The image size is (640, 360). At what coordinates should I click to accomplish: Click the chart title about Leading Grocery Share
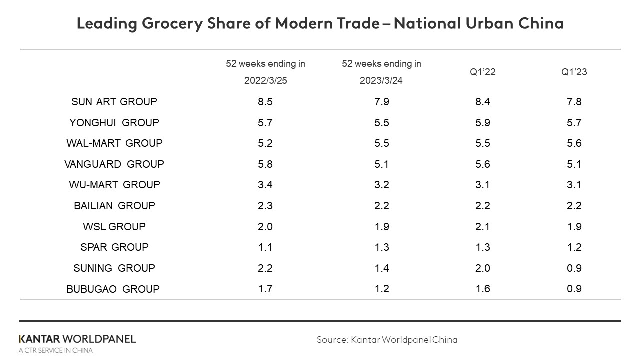[x=320, y=23]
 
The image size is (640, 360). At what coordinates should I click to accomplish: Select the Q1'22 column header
[x=483, y=72]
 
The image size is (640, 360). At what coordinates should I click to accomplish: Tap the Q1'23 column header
[x=574, y=72]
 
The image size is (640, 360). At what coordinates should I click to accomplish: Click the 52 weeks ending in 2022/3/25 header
[x=265, y=72]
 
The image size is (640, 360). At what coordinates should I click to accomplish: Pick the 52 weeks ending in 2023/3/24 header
[x=381, y=72]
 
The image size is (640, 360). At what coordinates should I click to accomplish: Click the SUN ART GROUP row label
[x=114, y=102]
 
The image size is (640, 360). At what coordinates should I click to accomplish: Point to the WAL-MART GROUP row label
[x=114, y=143]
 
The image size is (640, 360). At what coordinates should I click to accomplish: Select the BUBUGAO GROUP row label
[x=113, y=289]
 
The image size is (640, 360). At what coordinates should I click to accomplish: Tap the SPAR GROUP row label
[x=114, y=247]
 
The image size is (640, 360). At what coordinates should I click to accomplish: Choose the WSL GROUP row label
[x=114, y=227]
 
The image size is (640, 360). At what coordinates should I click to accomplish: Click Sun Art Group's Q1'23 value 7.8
[x=574, y=102]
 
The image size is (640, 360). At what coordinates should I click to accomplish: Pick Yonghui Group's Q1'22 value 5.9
[x=483, y=123]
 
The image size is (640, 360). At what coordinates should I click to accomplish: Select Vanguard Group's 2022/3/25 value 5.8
[x=265, y=164]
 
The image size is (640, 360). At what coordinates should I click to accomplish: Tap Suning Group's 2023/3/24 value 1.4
[x=381, y=268]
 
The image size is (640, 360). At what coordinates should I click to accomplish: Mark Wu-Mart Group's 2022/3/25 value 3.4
[x=265, y=185]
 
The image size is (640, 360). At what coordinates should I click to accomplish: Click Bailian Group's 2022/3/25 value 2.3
[x=265, y=206]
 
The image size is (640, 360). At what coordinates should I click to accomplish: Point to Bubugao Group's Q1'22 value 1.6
[x=483, y=289]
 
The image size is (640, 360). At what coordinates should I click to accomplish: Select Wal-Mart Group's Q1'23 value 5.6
[x=574, y=143]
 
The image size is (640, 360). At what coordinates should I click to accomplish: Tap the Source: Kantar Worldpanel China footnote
[x=387, y=340]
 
